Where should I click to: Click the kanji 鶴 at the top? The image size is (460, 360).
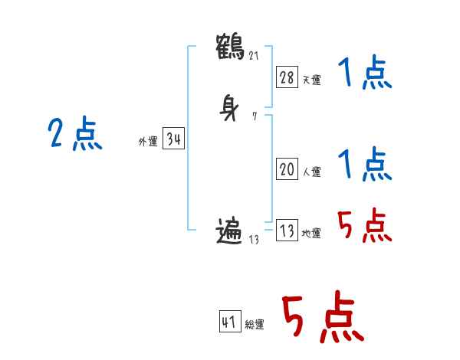[230, 45]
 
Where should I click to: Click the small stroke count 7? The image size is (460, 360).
[254, 116]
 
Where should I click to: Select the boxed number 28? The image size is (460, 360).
[287, 77]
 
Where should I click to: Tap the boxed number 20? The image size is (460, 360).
[287, 170]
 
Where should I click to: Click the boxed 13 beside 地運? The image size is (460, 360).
[287, 231]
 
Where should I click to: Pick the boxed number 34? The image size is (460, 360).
[173, 139]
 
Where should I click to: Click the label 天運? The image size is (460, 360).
[311, 79]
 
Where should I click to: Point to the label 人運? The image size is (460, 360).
[311, 172]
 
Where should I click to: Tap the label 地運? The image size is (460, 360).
[311, 234]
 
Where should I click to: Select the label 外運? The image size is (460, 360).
[148, 142]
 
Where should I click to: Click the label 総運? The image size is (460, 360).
[255, 325]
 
